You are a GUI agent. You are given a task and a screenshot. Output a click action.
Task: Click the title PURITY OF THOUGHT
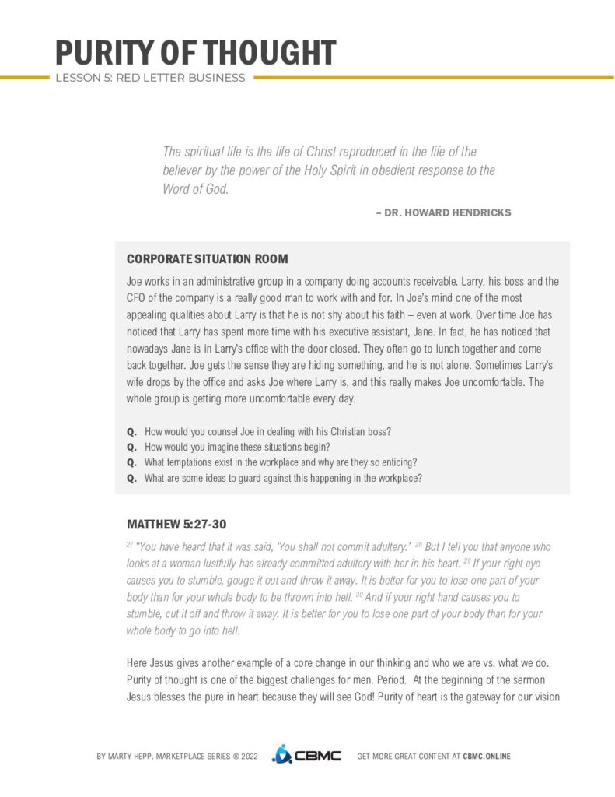point(195,53)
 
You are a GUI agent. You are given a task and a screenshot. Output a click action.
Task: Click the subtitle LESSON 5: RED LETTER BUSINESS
point(150,78)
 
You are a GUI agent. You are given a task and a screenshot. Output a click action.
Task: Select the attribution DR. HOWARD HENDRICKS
point(447,212)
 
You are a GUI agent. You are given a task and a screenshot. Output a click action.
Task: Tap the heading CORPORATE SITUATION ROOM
point(207,258)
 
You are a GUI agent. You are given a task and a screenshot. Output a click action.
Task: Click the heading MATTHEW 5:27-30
point(176,524)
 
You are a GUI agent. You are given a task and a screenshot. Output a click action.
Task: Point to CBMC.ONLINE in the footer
point(486,756)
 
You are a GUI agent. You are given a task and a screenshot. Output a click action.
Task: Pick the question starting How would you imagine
point(237,447)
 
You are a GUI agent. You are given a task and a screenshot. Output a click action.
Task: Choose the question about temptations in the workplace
point(281,462)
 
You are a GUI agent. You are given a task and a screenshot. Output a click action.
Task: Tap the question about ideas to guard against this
point(283,478)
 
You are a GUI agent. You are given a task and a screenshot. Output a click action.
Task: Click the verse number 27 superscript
point(129,545)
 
